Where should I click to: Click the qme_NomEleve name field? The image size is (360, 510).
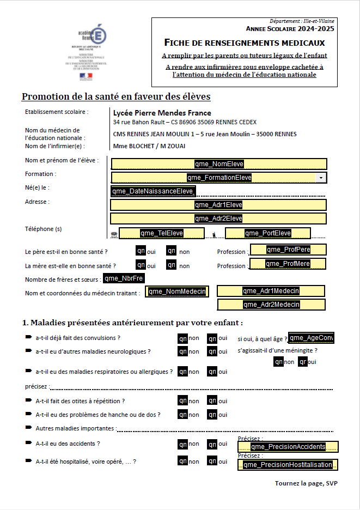(x=219, y=164)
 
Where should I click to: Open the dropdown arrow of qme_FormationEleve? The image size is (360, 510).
(x=321, y=178)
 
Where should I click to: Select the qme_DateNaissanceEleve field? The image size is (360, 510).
(x=152, y=191)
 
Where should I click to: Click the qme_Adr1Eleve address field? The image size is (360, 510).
(x=218, y=205)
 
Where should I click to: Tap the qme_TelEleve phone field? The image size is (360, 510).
(x=161, y=233)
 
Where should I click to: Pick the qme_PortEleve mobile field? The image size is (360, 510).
(x=267, y=233)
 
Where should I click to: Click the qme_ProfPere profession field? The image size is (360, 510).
(x=288, y=250)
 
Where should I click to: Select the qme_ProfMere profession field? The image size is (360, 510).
(x=288, y=264)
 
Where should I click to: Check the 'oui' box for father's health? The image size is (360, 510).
(x=141, y=251)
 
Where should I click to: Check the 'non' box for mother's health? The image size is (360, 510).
(x=172, y=265)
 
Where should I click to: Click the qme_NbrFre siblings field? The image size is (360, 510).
(x=124, y=278)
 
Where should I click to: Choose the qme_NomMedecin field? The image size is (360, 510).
(x=177, y=292)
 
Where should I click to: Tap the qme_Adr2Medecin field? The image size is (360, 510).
(x=271, y=305)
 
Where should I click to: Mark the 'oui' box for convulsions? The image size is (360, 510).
(x=212, y=338)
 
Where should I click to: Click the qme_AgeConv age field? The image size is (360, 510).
(x=311, y=338)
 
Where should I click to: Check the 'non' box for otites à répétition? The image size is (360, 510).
(x=183, y=400)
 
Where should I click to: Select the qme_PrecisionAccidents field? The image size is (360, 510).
(x=288, y=447)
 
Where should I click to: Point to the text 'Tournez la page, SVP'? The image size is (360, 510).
(x=306, y=483)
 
